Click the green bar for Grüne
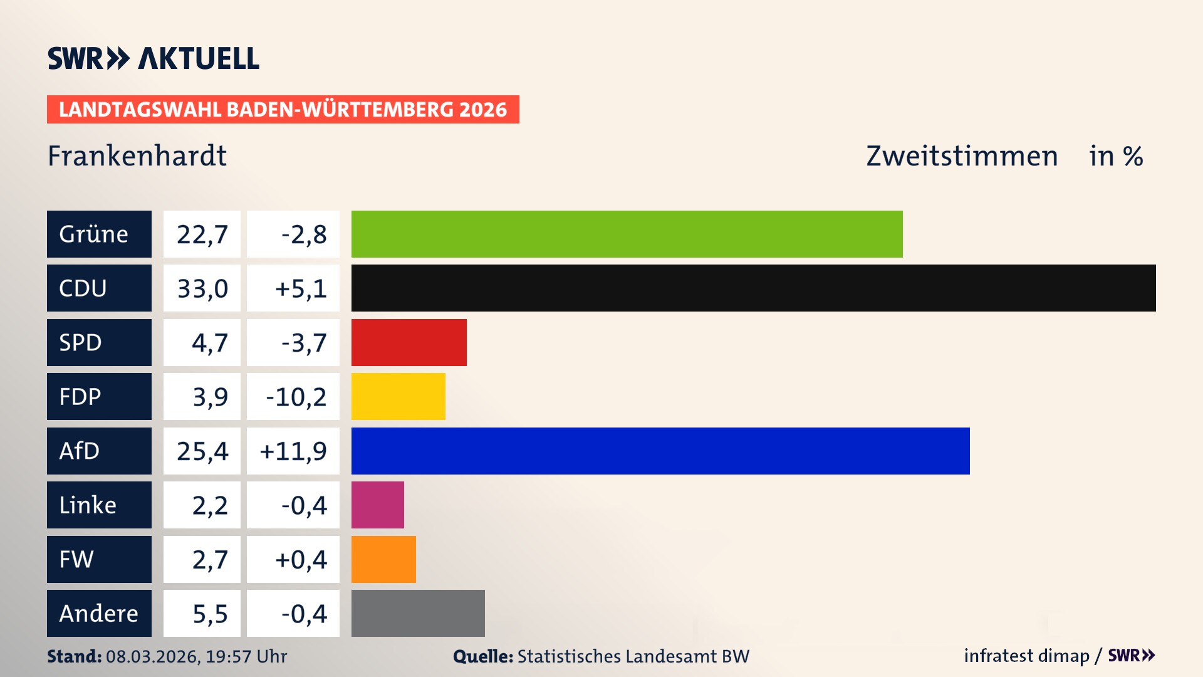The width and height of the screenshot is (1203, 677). click(627, 234)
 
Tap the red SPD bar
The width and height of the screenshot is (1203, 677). click(409, 342)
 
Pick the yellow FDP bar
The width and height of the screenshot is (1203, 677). click(398, 396)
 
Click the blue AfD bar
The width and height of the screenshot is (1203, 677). click(660, 451)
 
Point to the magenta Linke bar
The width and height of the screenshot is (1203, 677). click(377, 505)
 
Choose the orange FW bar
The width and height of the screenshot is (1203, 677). click(383, 559)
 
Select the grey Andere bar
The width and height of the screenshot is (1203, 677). click(418, 613)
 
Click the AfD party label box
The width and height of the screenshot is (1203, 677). click(99, 451)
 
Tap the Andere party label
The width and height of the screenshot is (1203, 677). click(99, 613)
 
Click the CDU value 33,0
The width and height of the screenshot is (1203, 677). click(202, 288)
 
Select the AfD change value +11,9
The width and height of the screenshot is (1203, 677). click(293, 451)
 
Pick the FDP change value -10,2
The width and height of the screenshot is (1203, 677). click(296, 397)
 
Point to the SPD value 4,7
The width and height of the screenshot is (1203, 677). click(209, 343)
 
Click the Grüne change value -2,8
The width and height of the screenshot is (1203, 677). click(303, 234)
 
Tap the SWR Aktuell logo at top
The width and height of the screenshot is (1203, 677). click(153, 58)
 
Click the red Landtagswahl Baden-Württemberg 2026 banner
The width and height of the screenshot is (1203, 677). click(283, 109)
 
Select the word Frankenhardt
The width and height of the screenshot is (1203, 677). click(137, 155)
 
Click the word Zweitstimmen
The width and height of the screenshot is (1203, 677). click(961, 155)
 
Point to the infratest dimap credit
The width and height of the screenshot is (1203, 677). click(1026, 656)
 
